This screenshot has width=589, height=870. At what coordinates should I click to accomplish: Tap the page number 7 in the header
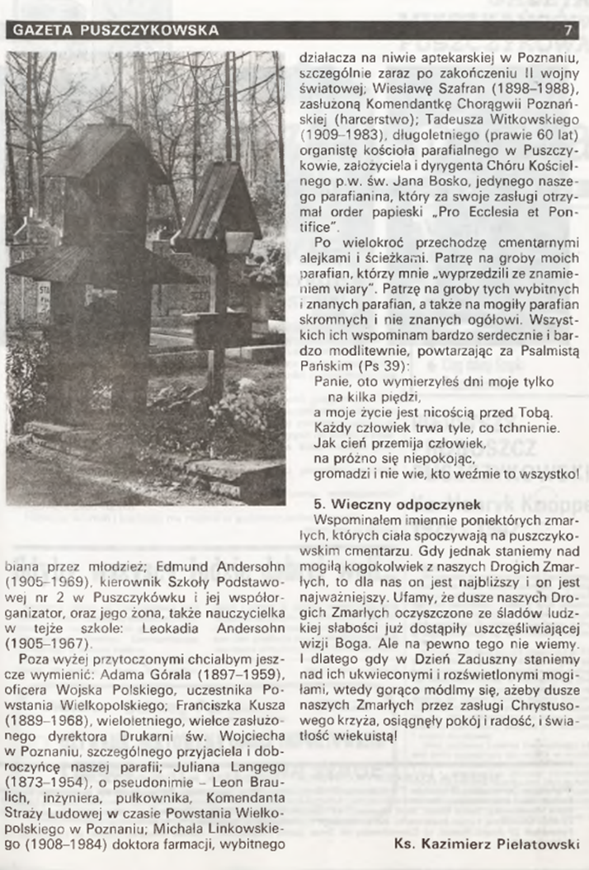click(x=568, y=31)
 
